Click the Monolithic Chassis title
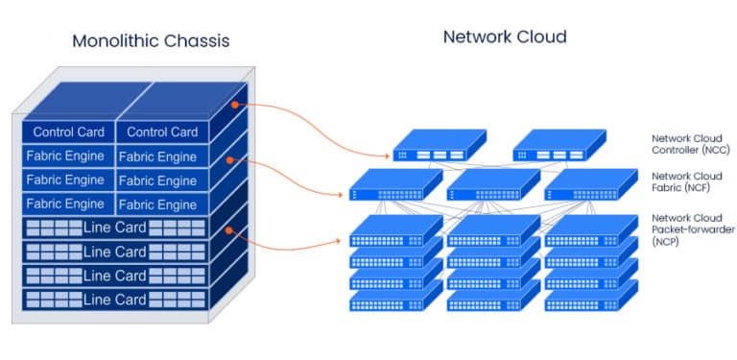point(151,41)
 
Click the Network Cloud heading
point(505,37)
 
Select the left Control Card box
point(67,132)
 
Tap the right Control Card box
point(161,132)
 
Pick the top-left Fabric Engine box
point(65,156)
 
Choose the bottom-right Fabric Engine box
point(157,204)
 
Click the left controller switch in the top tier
point(434,148)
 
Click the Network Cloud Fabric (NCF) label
point(687,182)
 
